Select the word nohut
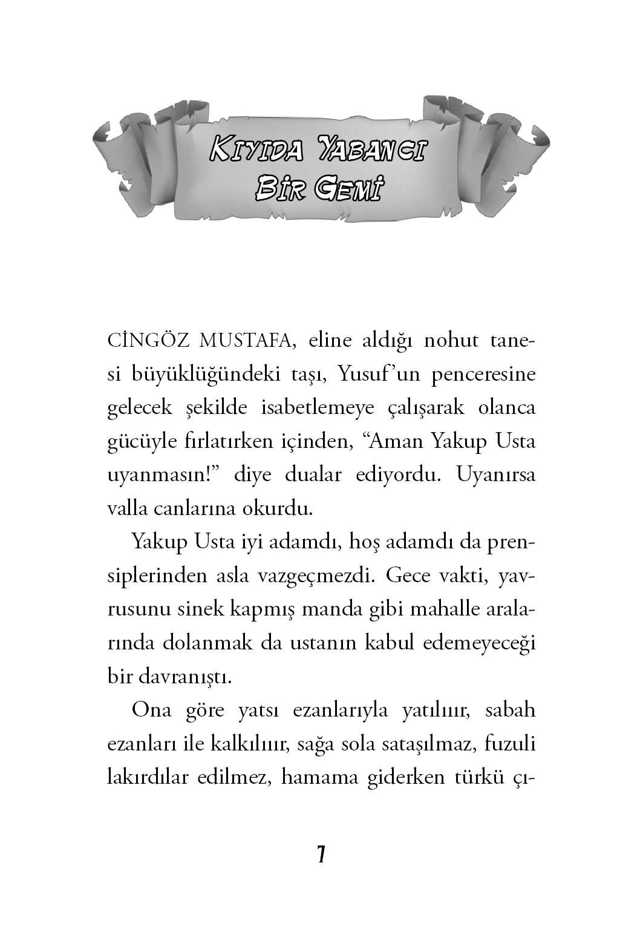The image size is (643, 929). click(439, 341)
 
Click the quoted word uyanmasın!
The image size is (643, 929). click(163, 475)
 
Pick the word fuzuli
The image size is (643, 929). click(510, 744)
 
